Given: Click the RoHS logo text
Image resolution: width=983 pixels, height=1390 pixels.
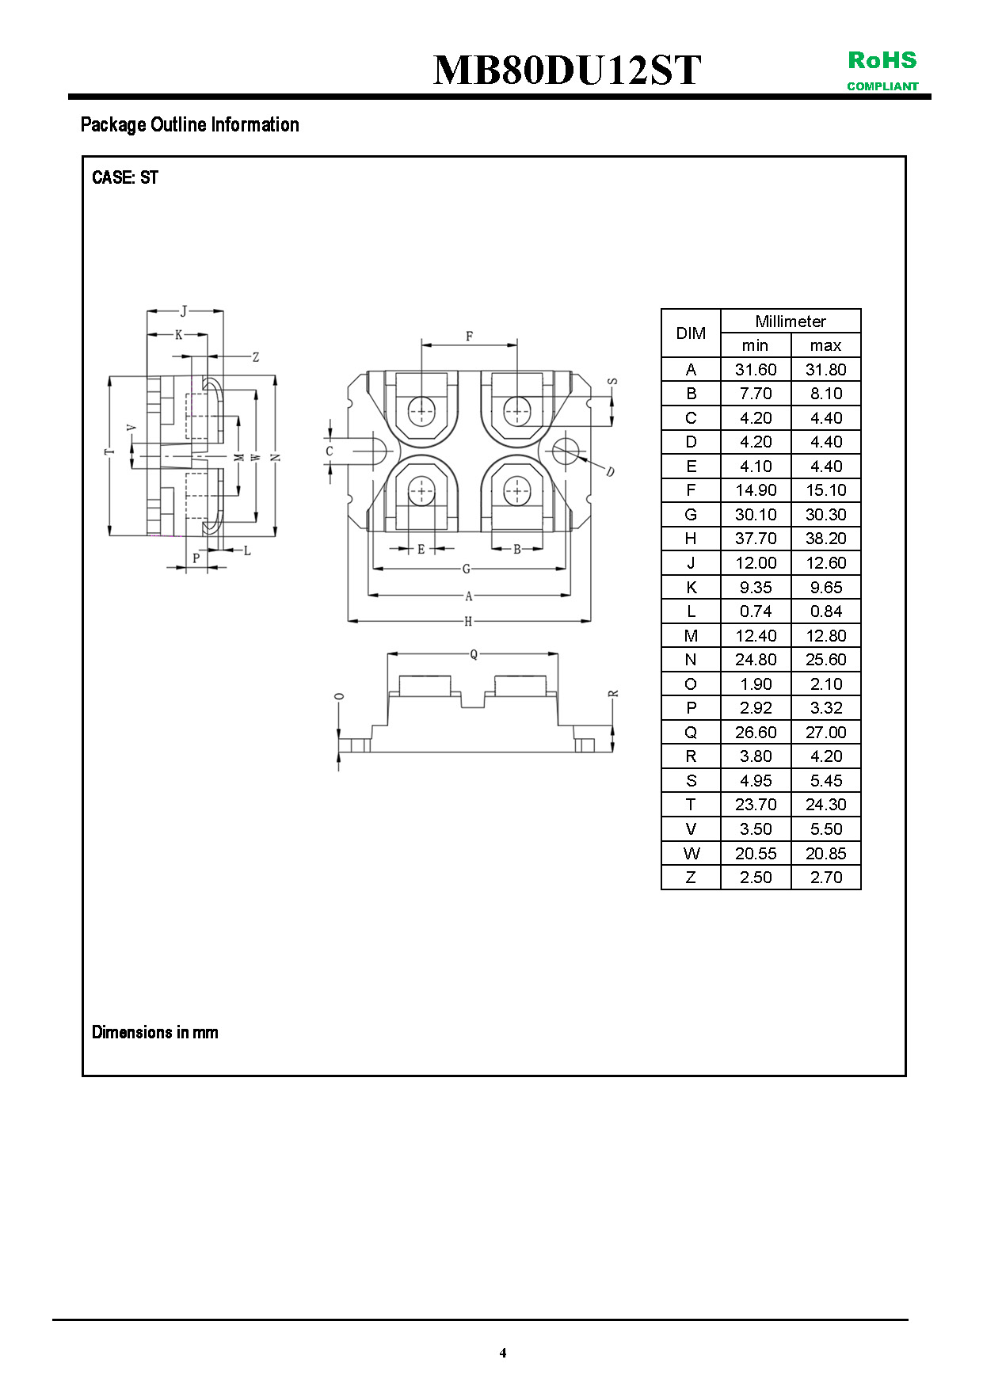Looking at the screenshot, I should click(x=882, y=60).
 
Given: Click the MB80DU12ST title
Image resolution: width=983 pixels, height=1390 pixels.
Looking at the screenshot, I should click(x=566, y=70).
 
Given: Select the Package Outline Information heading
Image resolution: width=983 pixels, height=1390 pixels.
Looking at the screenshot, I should click(x=190, y=124).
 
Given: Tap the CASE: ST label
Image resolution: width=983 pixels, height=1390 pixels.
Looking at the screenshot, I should click(x=125, y=177).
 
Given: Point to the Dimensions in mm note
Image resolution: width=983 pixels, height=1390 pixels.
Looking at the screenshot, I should click(x=155, y=1032).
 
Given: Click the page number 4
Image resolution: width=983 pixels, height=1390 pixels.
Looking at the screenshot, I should click(x=503, y=1352).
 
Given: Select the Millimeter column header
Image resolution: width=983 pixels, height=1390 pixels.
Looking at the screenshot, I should click(x=790, y=321).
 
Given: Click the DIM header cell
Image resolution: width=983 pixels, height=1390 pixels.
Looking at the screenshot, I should click(x=691, y=333).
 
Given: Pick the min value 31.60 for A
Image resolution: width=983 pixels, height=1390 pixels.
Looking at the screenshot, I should click(x=756, y=369).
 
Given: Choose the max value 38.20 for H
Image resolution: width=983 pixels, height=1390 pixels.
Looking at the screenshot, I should click(x=825, y=539).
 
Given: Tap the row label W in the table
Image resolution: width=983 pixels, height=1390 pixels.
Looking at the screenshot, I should click(x=691, y=853).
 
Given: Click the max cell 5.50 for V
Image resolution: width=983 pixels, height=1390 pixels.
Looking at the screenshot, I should click(x=825, y=829).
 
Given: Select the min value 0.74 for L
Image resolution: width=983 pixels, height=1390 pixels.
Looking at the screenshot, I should click(x=756, y=611).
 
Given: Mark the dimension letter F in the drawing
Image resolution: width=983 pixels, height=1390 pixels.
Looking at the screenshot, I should click(x=469, y=337).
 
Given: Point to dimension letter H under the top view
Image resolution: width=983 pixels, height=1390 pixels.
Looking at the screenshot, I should click(x=468, y=622).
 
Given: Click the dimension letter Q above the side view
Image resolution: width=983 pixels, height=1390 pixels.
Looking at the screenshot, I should click(x=474, y=654).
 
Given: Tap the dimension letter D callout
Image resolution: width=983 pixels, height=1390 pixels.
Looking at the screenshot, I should click(x=610, y=472).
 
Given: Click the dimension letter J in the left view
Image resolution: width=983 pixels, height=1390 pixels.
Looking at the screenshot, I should click(x=184, y=311).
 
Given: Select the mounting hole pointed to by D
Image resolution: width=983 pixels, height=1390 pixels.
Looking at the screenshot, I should click(x=566, y=451).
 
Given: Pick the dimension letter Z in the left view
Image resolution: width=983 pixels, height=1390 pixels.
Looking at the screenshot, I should click(x=256, y=357).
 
